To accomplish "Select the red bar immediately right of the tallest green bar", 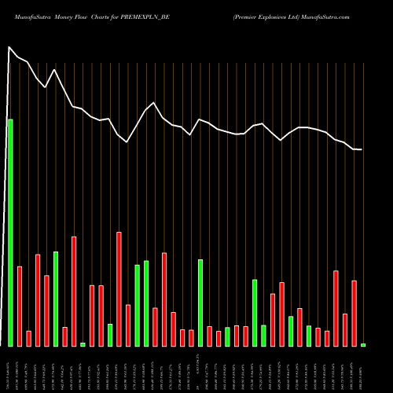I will click(x=20, y=307).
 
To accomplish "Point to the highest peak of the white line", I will click(x=10, y=48).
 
